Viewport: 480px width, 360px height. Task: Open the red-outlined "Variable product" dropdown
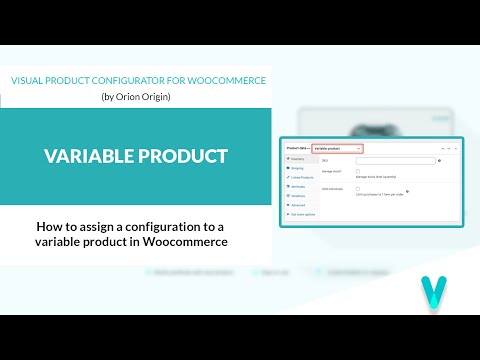[337, 149]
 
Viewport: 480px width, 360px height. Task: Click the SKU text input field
[397, 160]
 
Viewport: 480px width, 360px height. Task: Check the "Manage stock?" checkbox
[358, 171]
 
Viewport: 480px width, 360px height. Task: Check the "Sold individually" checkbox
[358, 188]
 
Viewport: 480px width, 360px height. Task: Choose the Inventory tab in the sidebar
[297, 159]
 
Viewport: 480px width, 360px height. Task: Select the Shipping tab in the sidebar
[297, 168]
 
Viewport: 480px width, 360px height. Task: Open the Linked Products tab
[300, 177]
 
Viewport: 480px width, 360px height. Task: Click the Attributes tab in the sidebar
[298, 186]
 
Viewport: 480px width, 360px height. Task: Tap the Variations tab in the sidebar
[298, 195]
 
